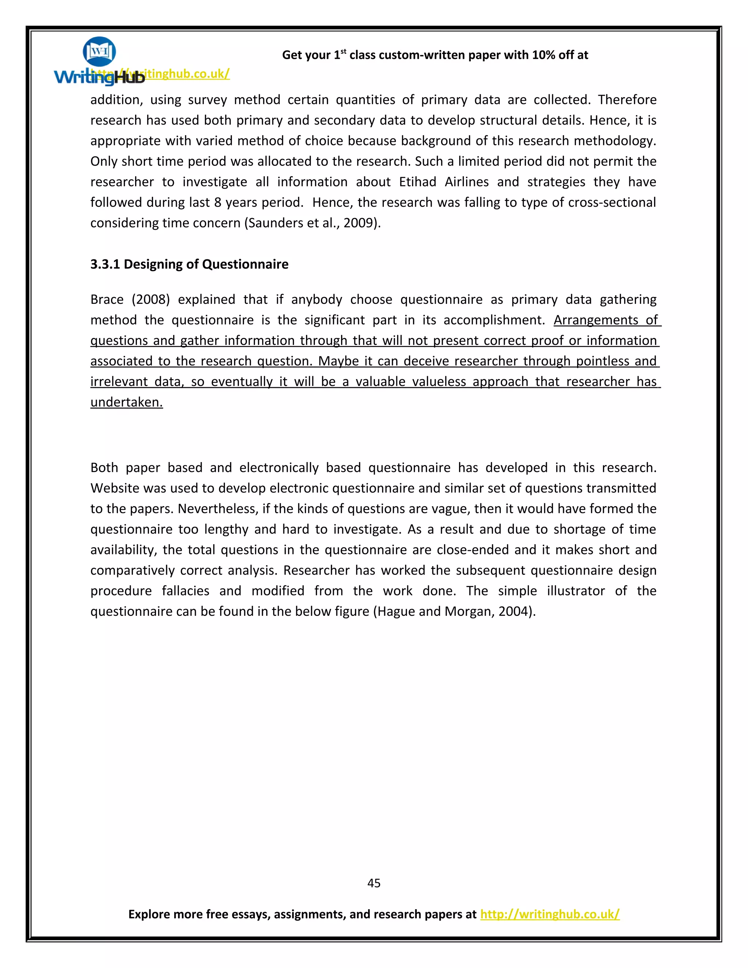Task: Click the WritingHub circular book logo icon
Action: tap(99, 52)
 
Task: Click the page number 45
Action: tap(374, 883)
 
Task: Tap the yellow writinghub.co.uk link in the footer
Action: tap(549, 914)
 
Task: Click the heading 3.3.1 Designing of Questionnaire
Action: tap(189, 264)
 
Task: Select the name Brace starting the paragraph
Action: tap(107, 300)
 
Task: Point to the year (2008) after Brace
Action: tap(151, 300)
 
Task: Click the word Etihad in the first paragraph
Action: tap(417, 182)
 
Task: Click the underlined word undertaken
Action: tap(126, 402)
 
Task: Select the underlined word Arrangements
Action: tap(596, 320)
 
